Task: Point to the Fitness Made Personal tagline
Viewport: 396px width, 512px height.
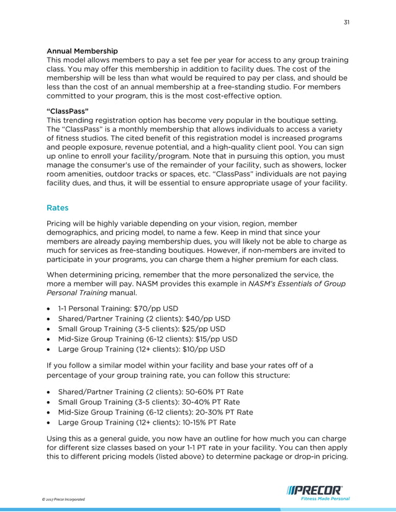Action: [325, 498]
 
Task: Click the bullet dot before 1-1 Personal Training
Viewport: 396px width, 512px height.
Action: [49, 307]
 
